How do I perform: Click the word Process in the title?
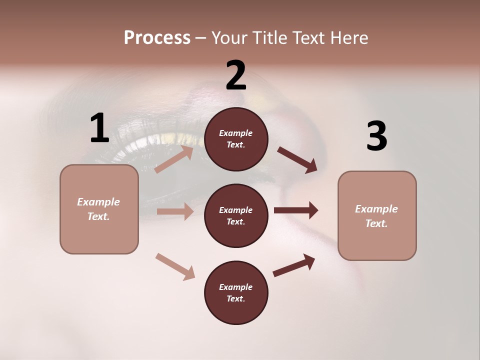click(157, 37)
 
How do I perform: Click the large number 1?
click(99, 128)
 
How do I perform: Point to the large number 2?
click(236, 75)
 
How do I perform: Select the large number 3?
click(376, 136)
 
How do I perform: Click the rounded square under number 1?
click(99, 209)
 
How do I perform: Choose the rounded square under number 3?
click(377, 216)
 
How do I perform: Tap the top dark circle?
click(236, 139)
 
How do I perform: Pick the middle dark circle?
click(236, 216)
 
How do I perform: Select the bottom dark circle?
click(236, 293)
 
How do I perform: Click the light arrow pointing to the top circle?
click(174, 159)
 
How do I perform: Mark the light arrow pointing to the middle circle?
click(175, 211)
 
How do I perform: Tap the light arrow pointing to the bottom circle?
click(175, 266)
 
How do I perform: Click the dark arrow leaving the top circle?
click(297, 159)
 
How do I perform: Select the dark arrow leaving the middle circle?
click(296, 210)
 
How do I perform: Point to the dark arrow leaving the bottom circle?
click(294, 265)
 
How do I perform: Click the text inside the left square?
click(98, 209)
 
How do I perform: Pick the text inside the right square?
click(376, 216)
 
